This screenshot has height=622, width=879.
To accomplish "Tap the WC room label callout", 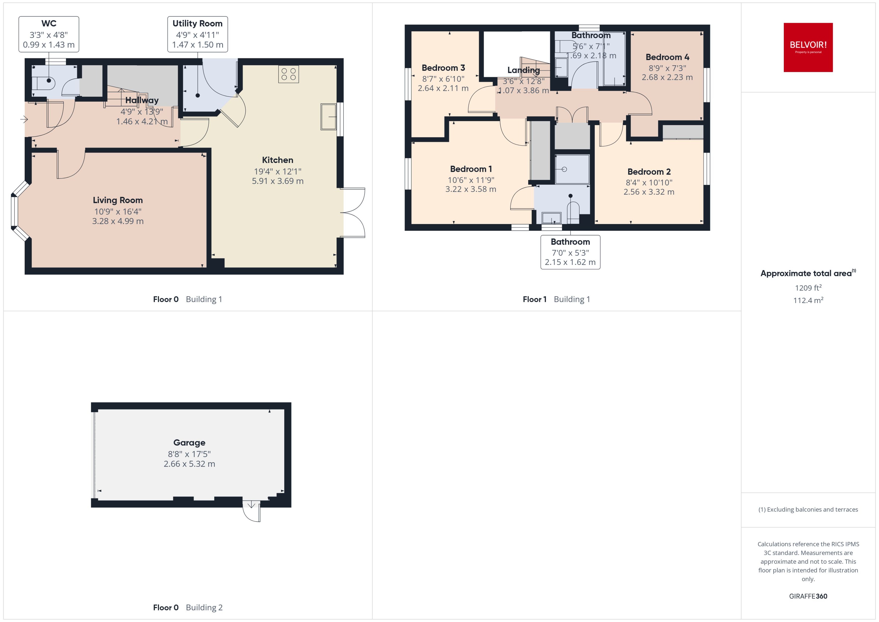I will [x=49, y=34].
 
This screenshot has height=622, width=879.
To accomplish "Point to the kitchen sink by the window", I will [x=328, y=117].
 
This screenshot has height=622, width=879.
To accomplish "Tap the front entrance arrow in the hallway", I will [x=24, y=120].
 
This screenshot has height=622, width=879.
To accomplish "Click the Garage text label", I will [x=189, y=442].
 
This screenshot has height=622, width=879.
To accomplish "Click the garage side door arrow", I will [x=251, y=505].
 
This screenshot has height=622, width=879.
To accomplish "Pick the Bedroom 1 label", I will [x=471, y=169].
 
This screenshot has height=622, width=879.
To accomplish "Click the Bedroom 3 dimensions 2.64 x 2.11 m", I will [x=443, y=88].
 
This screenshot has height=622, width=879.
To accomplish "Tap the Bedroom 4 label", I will [x=667, y=57].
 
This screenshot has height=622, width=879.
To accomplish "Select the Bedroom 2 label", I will [x=649, y=172].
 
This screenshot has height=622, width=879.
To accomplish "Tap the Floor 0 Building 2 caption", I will [x=188, y=607].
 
